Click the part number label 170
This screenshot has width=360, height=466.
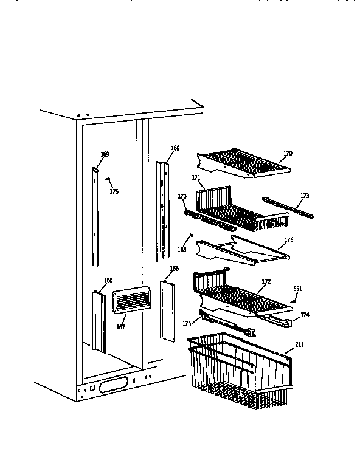[x=287, y=154]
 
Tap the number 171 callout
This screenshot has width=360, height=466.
[x=196, y=177]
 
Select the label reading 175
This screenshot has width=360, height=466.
[x=114, y=191]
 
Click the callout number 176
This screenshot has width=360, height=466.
[x=288, y=241]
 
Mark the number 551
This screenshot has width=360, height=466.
[x=297, y=289]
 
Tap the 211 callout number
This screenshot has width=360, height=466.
[x=299, y=345]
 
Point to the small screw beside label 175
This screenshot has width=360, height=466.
[x=108, y=179]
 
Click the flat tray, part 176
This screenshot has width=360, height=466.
[x=243, y=249]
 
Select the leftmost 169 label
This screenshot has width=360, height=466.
[x=105, y=154]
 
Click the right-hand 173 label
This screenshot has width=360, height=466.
[x=304, y=196]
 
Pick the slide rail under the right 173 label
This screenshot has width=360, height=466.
[x=288, y=207]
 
